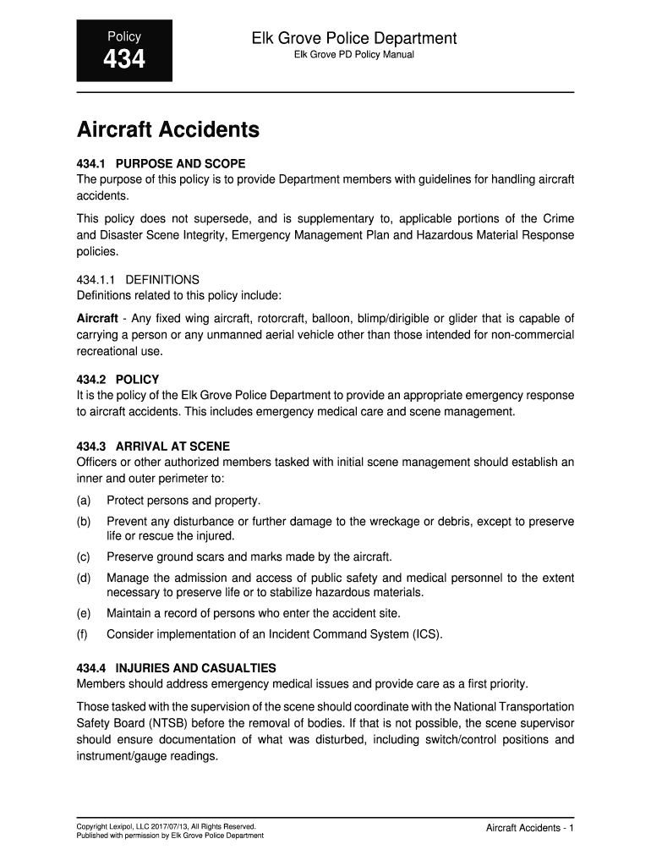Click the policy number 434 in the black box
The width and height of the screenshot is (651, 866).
pyautogui.click(x=124, y=60)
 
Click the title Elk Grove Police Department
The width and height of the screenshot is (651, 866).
pyautogui.click(x=353, y=38)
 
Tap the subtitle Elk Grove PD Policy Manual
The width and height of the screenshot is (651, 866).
pyautogui.click(x=353, y=56)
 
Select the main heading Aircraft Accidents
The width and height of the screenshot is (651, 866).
pyautogui.click(x=167, y=130)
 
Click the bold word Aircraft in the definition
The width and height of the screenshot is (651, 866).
pyautogui.click(x=97, y=318)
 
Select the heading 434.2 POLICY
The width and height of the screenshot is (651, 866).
pyautogui.click(x=118, y=380)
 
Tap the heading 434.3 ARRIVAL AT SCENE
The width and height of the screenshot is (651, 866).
pyautogui.click(x=153, y=446)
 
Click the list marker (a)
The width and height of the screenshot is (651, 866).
pyautogui.click(x=84, y=500)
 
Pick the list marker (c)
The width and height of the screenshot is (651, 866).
pyautogui.click(x=84, y=556)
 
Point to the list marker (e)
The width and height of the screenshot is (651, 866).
pyautogui.click(x=84, y=613)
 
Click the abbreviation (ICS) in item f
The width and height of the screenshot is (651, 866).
pyautogui.click(x=426, y=633)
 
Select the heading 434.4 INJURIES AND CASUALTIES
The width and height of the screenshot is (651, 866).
pyautogui.click(x=176, y=668)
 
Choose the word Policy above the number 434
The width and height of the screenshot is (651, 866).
pyautogui.click(x=123, y=36)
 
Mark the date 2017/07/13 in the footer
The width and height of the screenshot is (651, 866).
pyautogui.click(x=175, y=825)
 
